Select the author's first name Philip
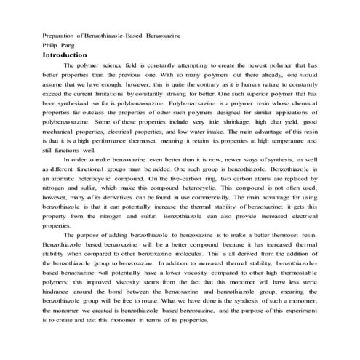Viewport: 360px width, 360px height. pos(53,45)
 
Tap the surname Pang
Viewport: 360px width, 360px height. pos(76,45)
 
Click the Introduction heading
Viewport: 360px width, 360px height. pos(65,55)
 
